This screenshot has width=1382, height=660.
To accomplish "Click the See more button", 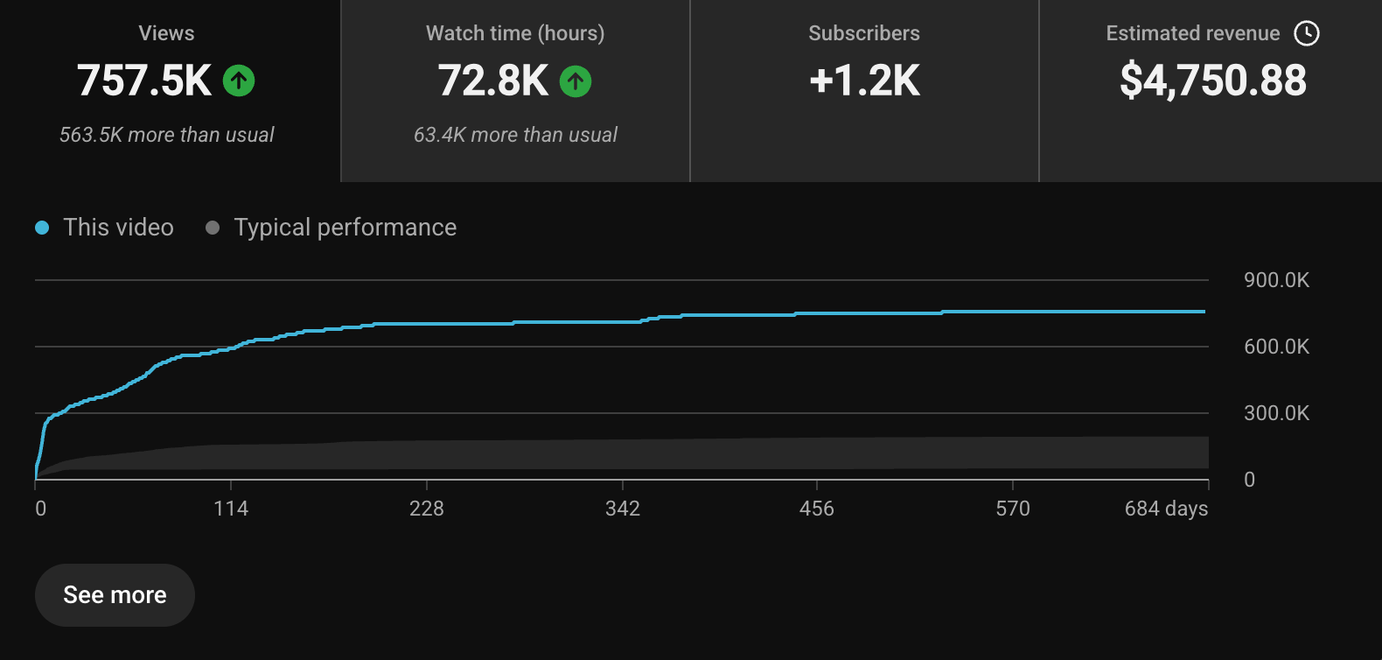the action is click(x=115, y=595).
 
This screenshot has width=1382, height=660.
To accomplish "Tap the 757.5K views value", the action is click(x=143, y=81).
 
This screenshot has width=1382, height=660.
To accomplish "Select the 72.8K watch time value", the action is click(x=493, y=81).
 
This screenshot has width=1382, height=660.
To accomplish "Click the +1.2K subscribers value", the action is click(x=864, y=81).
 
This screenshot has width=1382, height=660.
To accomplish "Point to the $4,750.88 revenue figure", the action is click(x=1213, y=81).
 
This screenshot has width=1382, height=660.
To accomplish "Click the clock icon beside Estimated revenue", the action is click(x=1307, y=33).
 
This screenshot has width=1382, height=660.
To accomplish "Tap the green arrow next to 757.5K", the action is click(x=239, y=81).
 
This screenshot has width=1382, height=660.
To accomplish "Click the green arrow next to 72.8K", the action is click(x=576, y=81).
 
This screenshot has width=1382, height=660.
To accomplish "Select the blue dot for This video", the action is click(x=42, y=228).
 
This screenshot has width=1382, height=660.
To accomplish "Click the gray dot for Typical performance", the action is click(x=213, y=228).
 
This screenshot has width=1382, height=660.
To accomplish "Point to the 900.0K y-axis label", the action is click(x=1276, y=280).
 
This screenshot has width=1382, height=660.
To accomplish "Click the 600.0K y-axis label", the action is click(x=1276, y=347).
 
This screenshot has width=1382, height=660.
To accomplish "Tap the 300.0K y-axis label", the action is click(x=1276, y=413).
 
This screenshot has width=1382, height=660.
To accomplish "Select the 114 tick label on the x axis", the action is click(x=231, y=509).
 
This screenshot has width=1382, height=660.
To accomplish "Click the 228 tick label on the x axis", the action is click(x=426, y=509).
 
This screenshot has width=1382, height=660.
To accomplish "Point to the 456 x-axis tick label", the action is click(x=817, y=509).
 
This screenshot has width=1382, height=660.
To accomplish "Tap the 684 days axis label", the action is click(x=1166, y=509).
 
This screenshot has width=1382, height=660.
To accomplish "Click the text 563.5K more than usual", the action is click(x=166, y=135).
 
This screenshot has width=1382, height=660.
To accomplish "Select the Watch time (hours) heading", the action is click(x=515, y=33).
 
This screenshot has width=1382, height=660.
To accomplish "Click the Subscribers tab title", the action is click(x=864, y=33).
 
